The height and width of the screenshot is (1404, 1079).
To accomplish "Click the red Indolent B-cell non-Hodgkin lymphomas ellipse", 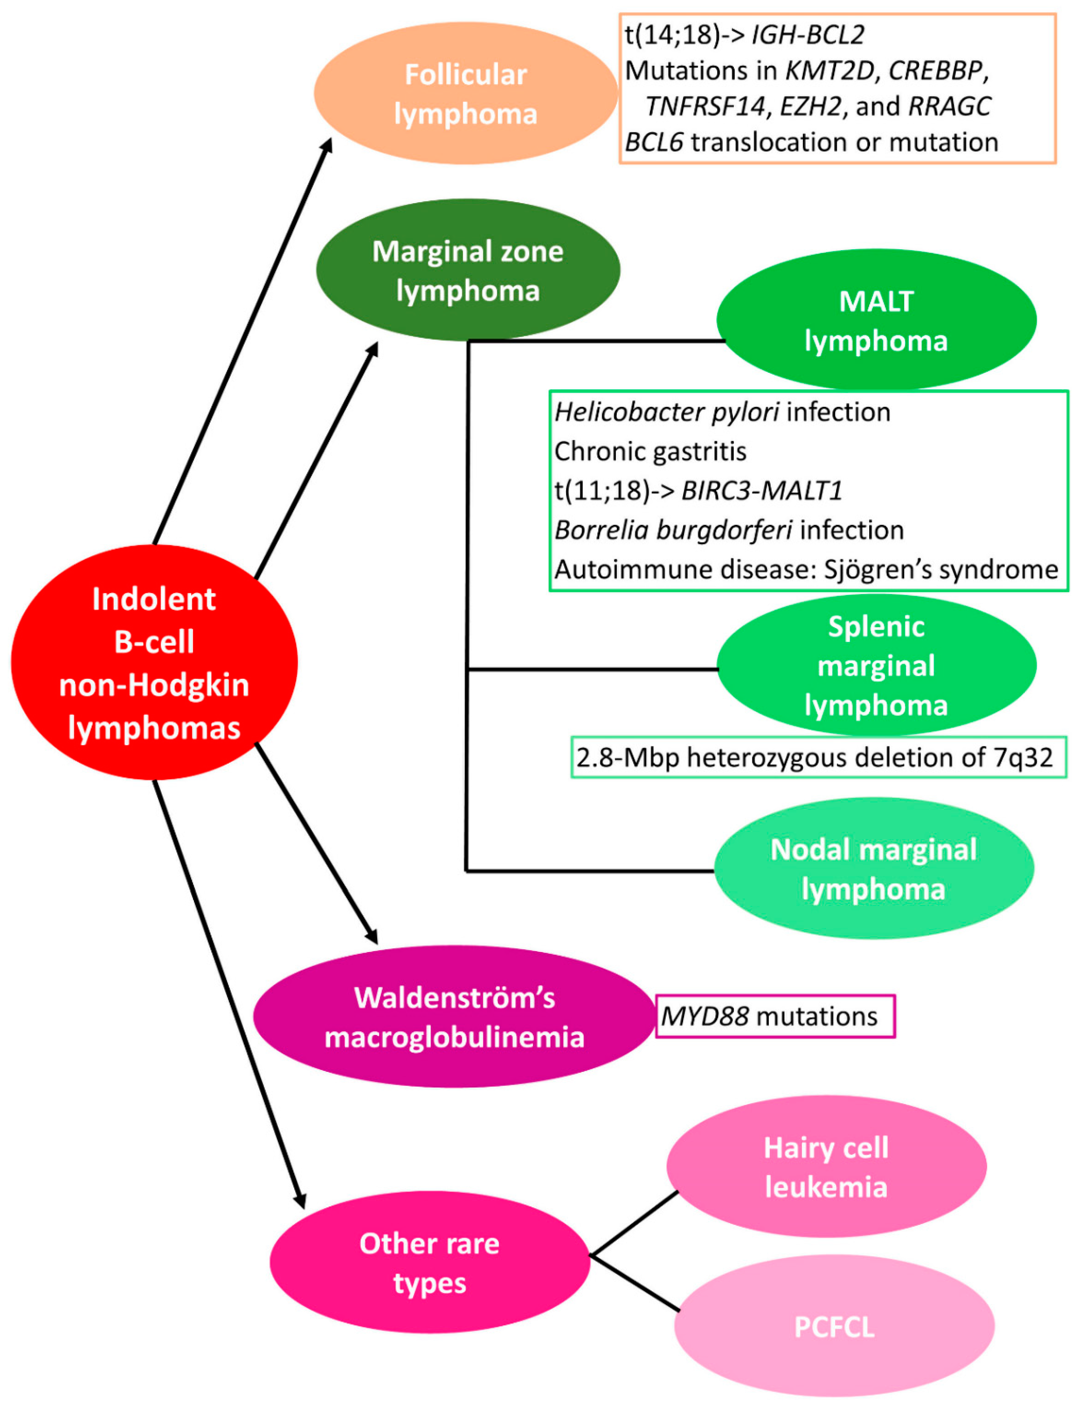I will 154,662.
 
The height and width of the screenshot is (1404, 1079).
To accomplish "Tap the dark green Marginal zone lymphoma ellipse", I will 468,270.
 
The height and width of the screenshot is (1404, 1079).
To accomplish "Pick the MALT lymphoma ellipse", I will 876,320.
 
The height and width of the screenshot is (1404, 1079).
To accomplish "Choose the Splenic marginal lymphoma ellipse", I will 876,665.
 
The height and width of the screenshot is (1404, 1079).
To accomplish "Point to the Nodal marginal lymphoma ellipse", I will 874,869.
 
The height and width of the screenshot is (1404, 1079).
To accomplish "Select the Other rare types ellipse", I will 429,1262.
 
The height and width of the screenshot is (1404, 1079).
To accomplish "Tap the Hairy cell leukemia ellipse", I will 826,1166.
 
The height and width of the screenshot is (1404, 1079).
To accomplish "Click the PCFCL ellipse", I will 834,1327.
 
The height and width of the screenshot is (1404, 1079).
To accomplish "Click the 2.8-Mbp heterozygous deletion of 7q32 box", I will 818,758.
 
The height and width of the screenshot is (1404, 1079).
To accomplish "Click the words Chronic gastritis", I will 650,452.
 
